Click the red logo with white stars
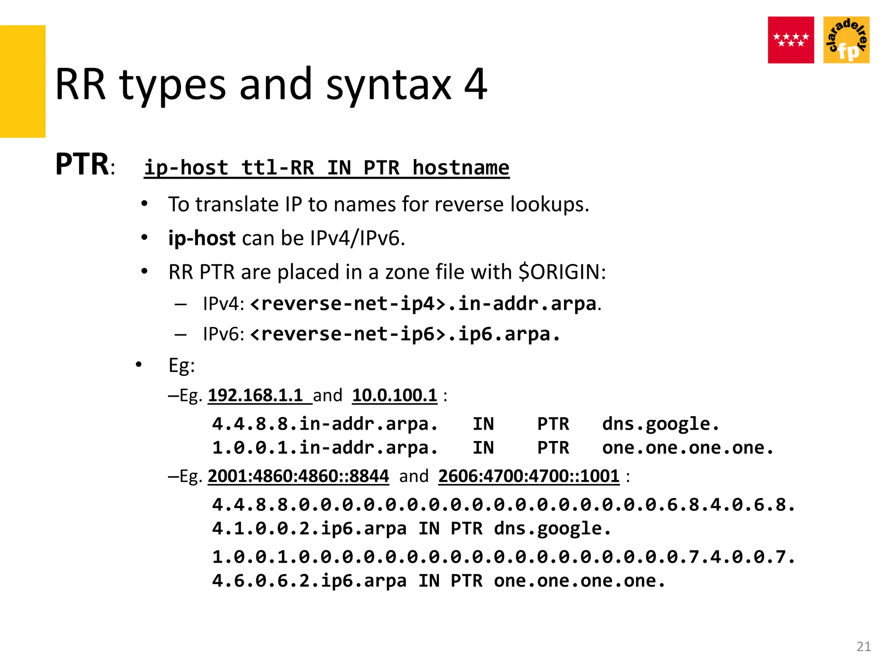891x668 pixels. (x=791, y=40)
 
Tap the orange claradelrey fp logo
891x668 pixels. (x=846, y=40)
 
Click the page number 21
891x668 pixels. (x=864, y=647)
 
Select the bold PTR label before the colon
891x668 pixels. (x=82, y=164)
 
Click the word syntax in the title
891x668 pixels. (x=389, y=84)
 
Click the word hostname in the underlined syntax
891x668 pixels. (x=461, y=168)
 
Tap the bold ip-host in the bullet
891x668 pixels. (x=202, y=238)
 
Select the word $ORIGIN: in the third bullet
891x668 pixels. (x=562, y=272)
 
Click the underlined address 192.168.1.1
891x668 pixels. (x=255, y=395)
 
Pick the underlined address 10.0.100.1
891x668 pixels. (x=395, y=395)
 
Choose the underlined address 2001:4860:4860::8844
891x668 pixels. (x=298, y=476)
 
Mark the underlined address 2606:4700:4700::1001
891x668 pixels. (x=529, y=476)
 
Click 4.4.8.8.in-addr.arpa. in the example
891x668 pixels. (x=325, y=424)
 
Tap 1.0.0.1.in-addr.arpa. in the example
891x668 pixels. (x=325, y=448)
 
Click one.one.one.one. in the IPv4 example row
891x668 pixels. (x=687, y=448)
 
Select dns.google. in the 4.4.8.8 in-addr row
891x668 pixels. (x=660, y=424)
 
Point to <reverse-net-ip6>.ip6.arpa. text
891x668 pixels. (x=405, y=334)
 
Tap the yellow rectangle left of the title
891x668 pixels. (x=23, y=81)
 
